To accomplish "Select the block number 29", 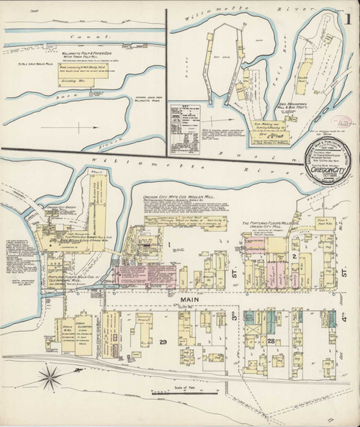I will [163, 341].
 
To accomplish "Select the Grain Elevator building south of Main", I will [81, 333].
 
